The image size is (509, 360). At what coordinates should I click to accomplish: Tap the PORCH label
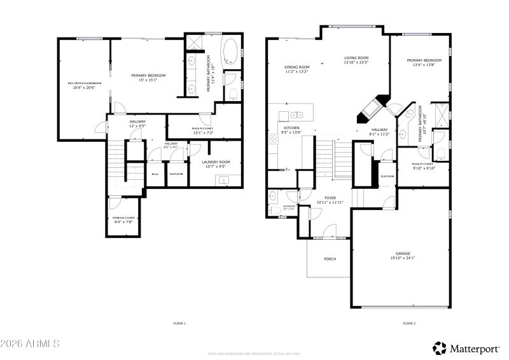click(x=330, y=259)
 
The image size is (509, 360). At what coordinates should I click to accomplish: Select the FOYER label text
click(x=330, y=198)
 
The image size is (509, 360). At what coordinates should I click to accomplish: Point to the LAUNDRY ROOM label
click(x=216, y=162)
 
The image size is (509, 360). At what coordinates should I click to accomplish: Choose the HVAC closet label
click(x=155, y=174)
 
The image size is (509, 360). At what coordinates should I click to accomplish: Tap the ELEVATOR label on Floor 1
click(x=176, y=174)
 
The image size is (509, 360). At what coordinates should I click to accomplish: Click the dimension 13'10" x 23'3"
click(x=356, y=62)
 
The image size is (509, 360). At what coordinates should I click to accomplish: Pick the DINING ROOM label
click(x=296, y=67)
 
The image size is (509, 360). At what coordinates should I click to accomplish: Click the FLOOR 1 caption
click(x=179, y=324)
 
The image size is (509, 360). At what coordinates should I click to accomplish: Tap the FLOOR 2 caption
click(x=408, y=324)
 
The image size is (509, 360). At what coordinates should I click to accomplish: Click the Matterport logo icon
click(x=440, y=347)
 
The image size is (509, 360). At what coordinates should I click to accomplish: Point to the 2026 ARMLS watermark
click(x=30, y=344)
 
